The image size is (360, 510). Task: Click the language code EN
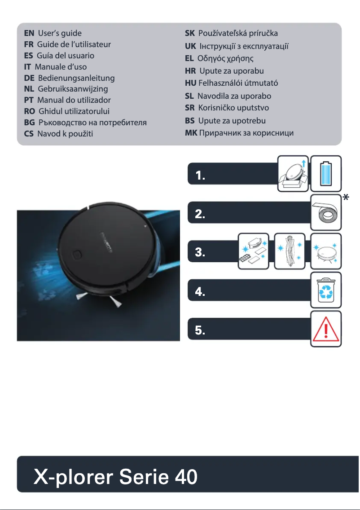(x=29, y=33)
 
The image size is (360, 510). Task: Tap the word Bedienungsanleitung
(x=76, y=78)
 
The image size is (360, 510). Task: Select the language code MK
(x=191, y=133)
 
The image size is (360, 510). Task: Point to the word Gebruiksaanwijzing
(x=73, y=89)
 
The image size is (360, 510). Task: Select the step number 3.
(x=200, y=253)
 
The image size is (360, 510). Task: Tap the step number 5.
(x=200, y=331)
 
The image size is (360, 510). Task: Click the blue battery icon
(x=326, y=171)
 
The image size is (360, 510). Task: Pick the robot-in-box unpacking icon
(x=293, y=171)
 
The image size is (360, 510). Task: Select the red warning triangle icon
(x=326, y=329)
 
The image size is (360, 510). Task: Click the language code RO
(x=30, y=111)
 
